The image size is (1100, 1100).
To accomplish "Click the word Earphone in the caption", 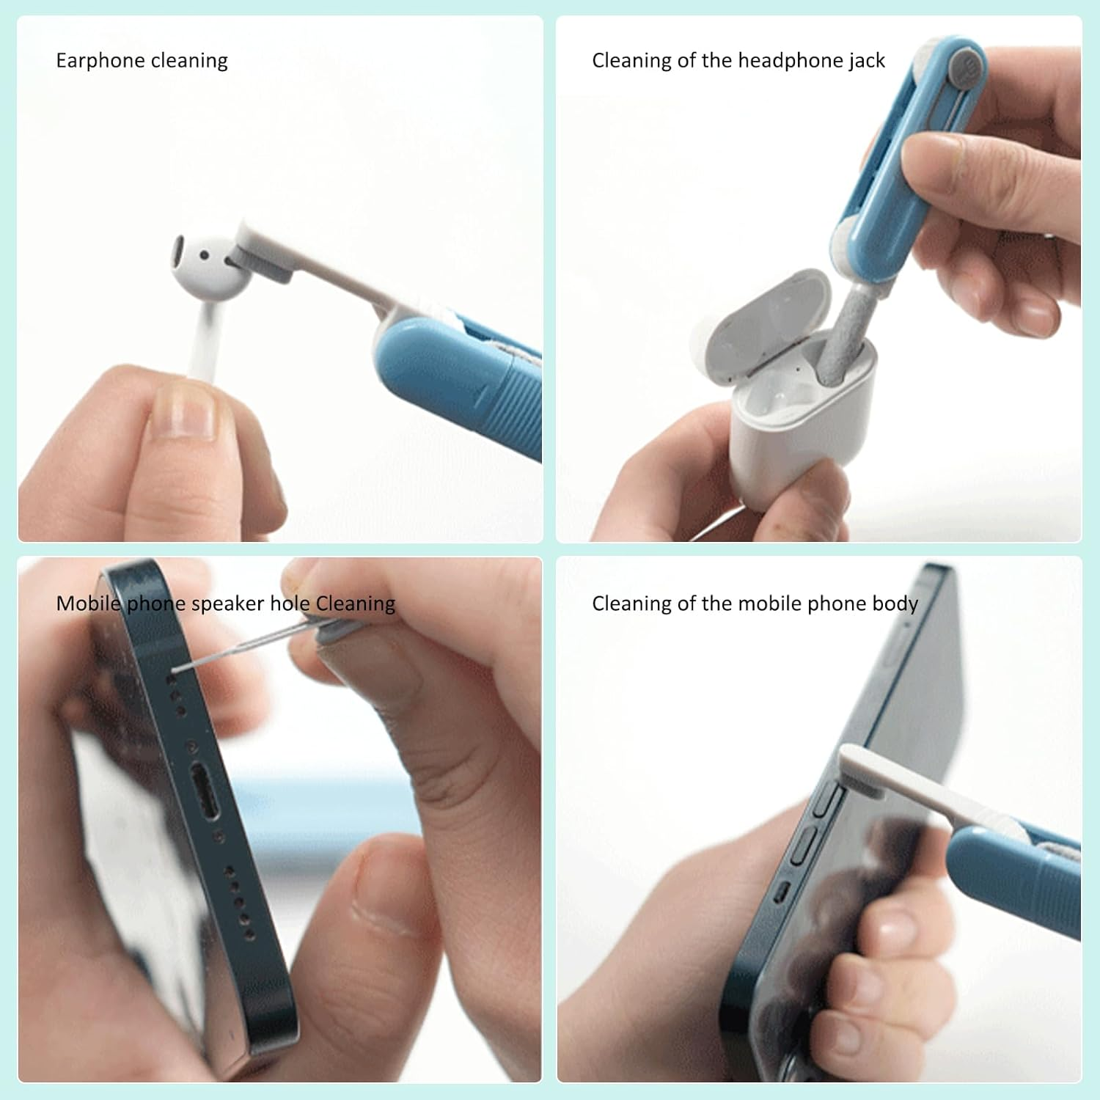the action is tap(100, 61).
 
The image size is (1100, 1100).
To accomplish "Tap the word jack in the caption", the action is tap(867, 61).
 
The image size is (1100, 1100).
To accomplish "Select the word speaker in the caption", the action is tap(228, 604).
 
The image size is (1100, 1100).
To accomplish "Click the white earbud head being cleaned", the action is tap(206, 268).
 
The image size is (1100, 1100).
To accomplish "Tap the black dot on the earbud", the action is tap(205, 256).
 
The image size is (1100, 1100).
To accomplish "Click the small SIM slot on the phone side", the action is tap(783, 892).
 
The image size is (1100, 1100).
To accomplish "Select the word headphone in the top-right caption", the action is tap(792, 61).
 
